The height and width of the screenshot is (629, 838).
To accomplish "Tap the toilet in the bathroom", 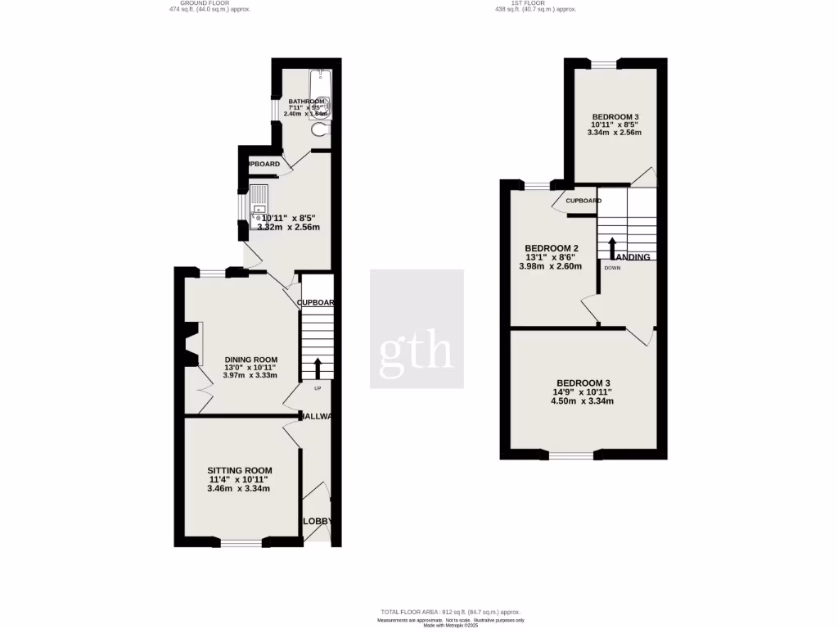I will click(x=319, y=129).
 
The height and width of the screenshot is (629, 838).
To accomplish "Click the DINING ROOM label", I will click(x=251, y=360).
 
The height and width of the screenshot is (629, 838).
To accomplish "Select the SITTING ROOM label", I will click(x=238, y=470).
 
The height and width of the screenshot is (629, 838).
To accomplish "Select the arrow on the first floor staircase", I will click(x=611, y=245).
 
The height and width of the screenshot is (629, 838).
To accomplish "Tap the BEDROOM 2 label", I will click(x=552, y=248).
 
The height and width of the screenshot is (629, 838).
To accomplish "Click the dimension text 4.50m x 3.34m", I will click(x=583, y=401).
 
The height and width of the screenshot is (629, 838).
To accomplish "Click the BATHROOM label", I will click(x=306, y=102).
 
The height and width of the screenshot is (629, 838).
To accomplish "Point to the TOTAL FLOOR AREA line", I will click(x=450, y=612).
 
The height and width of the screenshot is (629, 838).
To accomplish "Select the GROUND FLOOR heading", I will click(x=205, y=3).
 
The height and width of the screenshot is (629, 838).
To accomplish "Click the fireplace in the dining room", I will click(x=192, y=344).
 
